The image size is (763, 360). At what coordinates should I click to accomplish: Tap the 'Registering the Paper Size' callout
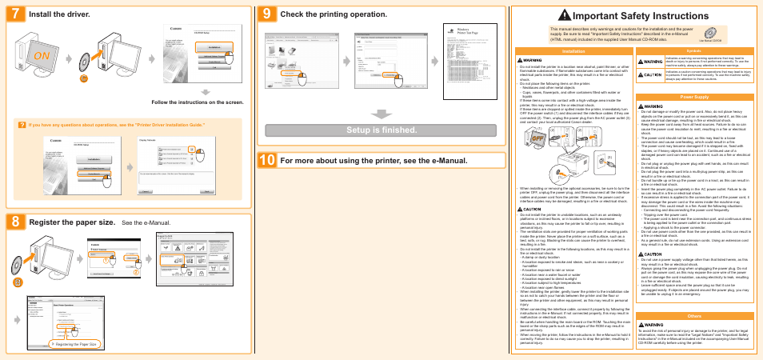[x=74, y=344]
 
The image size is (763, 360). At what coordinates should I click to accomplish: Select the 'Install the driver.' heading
[x=60, y=14]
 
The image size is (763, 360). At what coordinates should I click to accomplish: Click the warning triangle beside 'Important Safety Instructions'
[x=565, y=16]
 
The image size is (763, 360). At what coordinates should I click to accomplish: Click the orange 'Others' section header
[x=694, y=316]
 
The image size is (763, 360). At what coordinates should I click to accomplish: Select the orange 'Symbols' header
[x=694, y=50]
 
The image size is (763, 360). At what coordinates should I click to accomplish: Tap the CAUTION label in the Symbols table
[x=653, y=74]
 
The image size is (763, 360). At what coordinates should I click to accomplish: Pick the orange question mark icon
[x=22, y=125]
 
